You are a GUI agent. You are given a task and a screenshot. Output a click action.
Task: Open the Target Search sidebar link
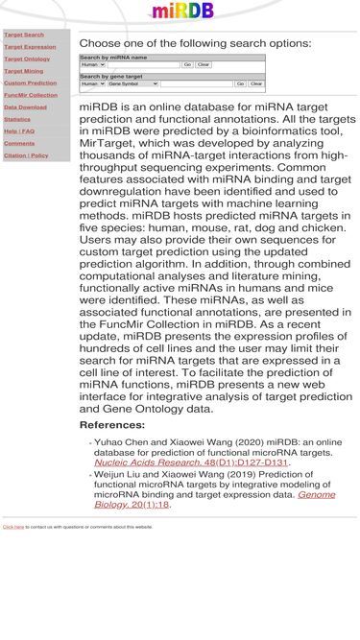[24, 35]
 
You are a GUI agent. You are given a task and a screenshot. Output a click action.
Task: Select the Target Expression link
[30, 47]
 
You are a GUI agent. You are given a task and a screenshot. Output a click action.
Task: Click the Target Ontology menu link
[27, 59]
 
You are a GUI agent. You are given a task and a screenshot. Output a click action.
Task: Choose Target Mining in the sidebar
[24, 71]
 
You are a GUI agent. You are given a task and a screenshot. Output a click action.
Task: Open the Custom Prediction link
[30, 83]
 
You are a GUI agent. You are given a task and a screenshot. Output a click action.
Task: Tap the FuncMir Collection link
[31, 95]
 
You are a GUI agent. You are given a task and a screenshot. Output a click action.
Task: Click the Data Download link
[25, 107]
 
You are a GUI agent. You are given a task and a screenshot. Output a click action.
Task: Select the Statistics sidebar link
[17, 119]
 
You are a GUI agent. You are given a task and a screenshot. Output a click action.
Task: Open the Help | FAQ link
[19, 131]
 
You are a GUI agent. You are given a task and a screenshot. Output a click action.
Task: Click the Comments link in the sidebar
[19, 143]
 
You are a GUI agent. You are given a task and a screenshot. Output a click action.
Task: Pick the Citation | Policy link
[26, 155]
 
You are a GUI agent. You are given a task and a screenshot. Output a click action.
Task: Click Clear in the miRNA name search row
[204, 65]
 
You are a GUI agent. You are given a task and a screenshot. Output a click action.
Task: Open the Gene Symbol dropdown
[132, 84]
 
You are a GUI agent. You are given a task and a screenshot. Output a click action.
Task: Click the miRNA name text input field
[144, 65]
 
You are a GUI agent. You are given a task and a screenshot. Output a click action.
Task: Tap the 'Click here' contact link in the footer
[13, 527]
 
